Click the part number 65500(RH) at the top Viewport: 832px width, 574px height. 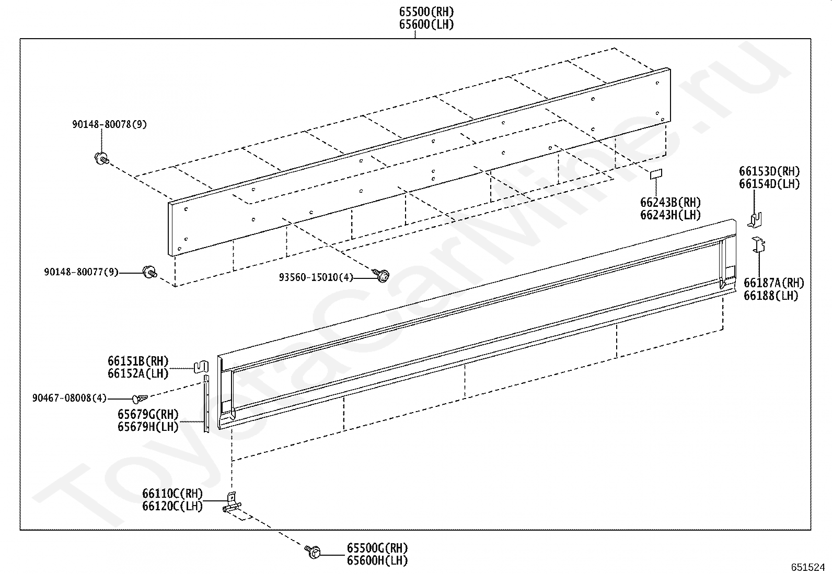coord(426,12)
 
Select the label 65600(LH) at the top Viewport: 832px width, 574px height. coord(426,25)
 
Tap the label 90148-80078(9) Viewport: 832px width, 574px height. coord(109,124)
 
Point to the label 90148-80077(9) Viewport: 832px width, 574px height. coord(81,272)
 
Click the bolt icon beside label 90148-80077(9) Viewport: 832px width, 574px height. coord(150,272)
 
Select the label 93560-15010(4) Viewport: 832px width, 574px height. coord(316,277)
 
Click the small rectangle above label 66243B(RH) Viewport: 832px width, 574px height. coord(656,174)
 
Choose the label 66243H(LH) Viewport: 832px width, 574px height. coord(671,215)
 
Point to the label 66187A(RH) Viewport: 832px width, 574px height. coord(774,283)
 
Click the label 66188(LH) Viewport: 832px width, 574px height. coord(771,295)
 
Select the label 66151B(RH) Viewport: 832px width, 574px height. coord(138,361)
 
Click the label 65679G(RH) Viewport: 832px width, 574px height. coord(148,414)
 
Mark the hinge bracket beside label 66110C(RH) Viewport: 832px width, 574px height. coord(232,502)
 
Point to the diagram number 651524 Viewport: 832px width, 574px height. coord(808,567)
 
